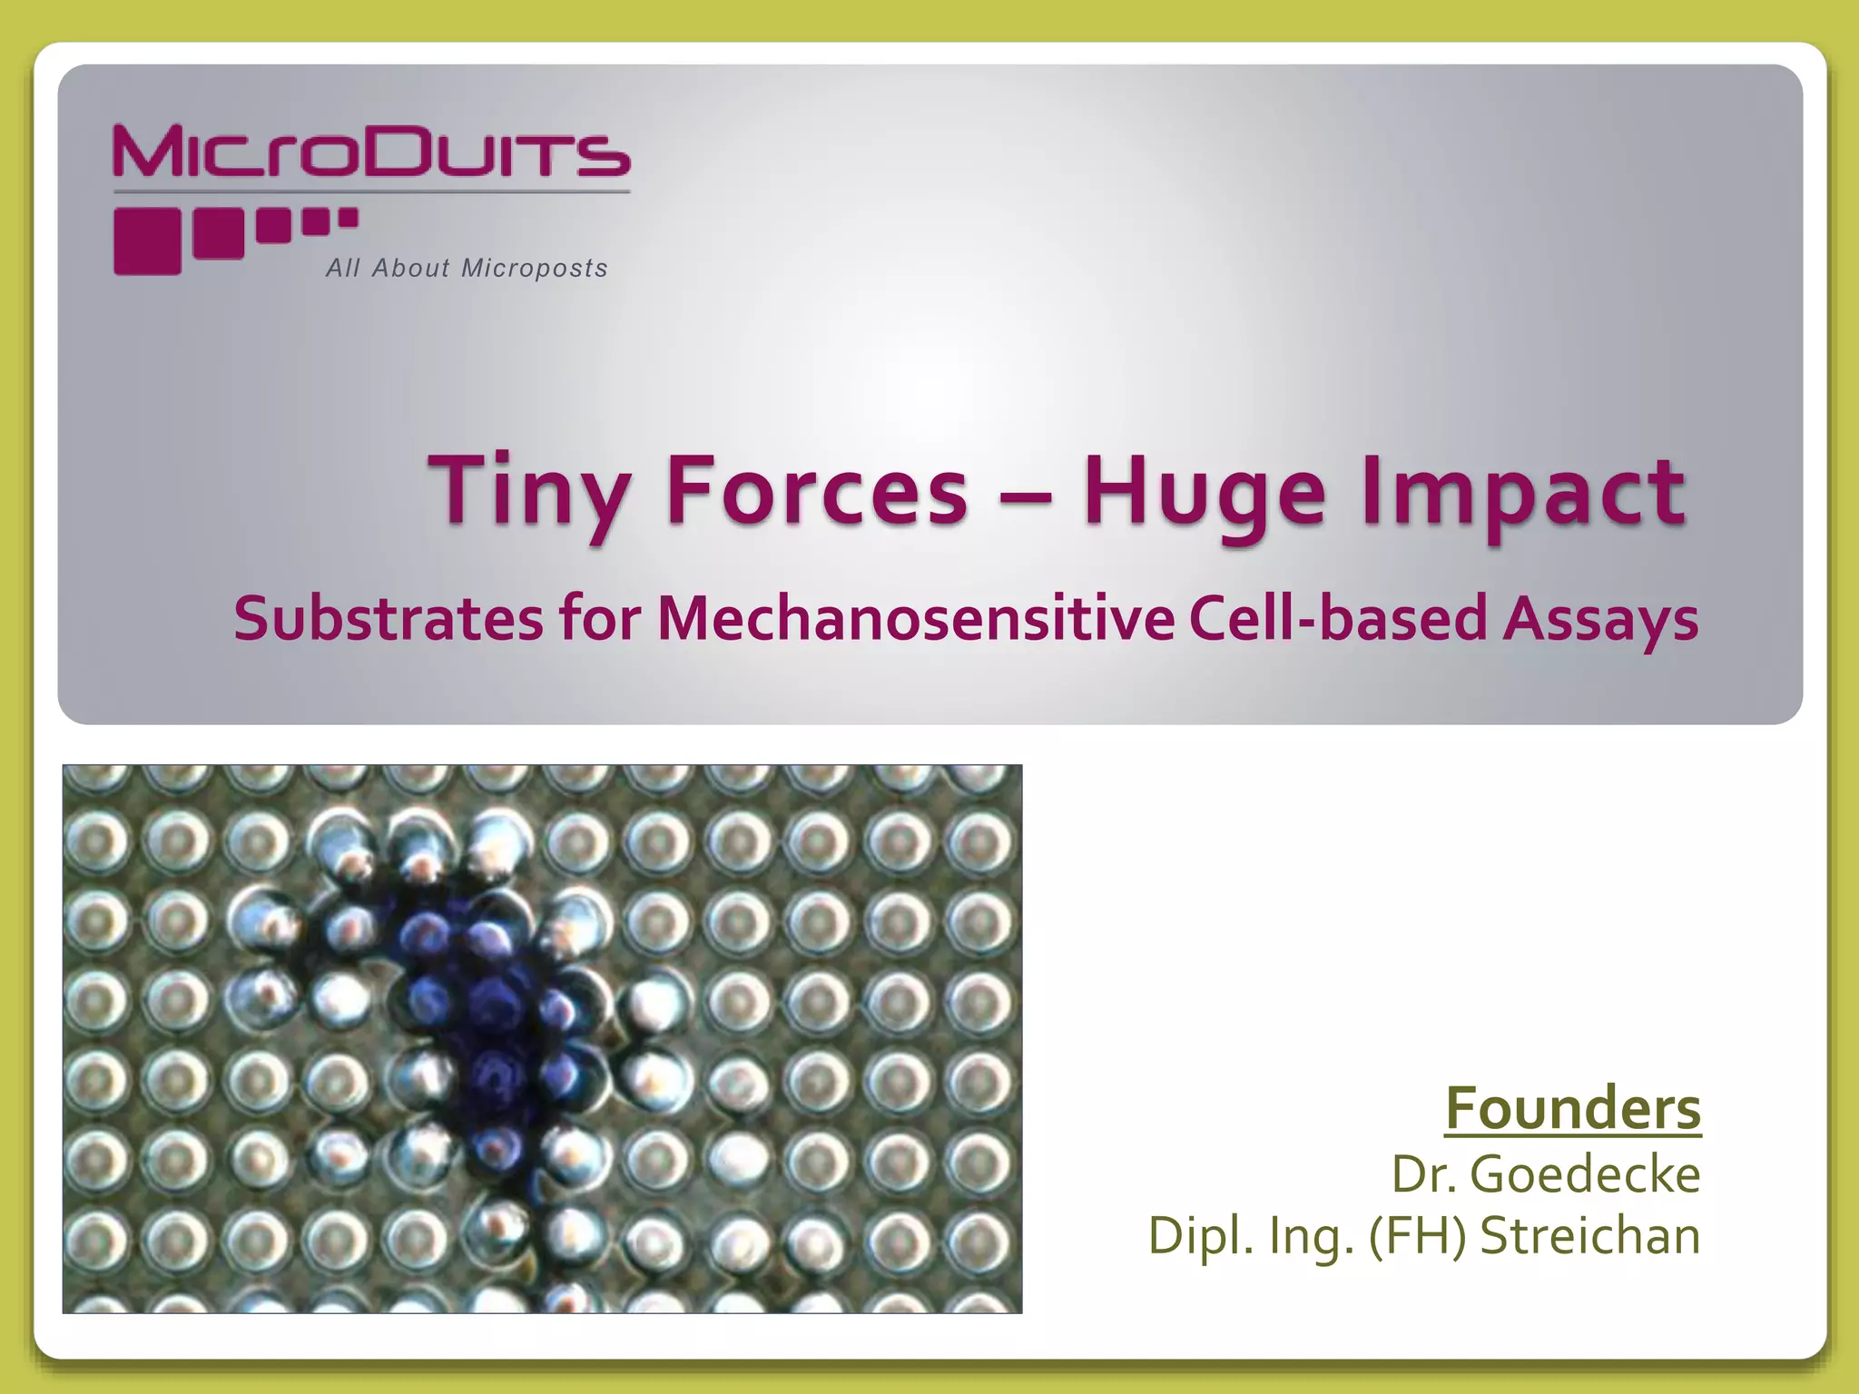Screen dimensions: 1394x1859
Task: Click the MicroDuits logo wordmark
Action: [x=371, y=152]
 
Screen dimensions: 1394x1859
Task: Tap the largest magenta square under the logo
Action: [x=147, y=241]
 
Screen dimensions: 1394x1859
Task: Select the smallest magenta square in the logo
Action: [x=349, y=218]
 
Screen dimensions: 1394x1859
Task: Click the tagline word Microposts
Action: [x=535, y=269]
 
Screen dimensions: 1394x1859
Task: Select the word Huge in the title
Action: [x=1204, y=493]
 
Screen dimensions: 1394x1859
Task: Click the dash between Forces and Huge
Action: [x=1025, y=497]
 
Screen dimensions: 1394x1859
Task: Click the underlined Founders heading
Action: [x=1573, y=1108]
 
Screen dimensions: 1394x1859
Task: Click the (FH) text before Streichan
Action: [x=1417, y=1236]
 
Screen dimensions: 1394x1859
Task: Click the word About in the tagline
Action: [x=411, y=269]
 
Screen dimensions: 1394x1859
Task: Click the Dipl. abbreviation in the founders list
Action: [x=1197, y=1236]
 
